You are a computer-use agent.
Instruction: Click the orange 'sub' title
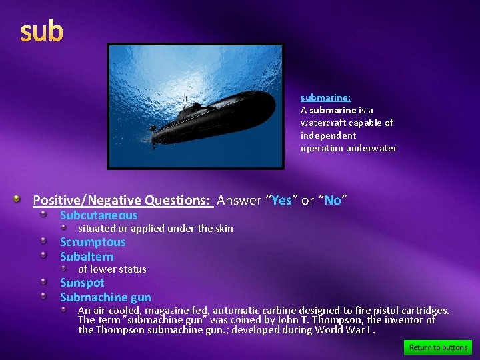tap(42, 31)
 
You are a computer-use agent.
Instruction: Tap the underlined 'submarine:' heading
tap(325, 97)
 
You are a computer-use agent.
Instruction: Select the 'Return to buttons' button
tap(438, 347)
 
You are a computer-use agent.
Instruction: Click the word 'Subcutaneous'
tap(99, 215)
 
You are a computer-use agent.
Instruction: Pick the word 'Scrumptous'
tap(93, 242)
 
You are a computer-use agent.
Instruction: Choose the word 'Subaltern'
tap(87, 257)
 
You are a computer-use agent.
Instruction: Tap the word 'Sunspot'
tap(82, 283)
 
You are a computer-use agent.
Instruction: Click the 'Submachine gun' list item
tap(105, 297)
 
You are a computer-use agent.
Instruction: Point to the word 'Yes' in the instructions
tap(282, 200)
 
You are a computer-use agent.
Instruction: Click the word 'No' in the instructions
tap(333, 200)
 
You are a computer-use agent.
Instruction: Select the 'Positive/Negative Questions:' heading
tap(123, 200)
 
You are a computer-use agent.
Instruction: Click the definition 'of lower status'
tap(112, 269)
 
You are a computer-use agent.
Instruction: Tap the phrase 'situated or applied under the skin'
tap(155, 229)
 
